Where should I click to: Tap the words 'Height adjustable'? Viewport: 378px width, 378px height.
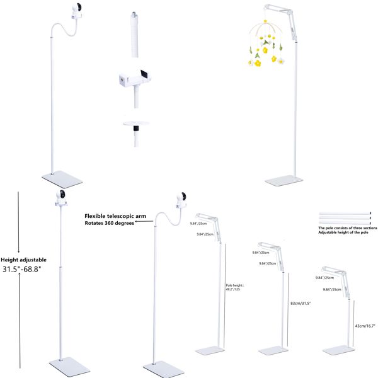23,259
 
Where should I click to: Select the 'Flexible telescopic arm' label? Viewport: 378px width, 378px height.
115,215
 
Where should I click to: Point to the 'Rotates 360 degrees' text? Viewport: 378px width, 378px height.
109,223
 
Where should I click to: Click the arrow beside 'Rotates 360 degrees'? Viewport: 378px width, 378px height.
142,223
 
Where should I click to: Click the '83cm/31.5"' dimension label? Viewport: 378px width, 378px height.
300,303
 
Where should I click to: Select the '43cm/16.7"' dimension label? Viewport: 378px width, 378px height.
366,326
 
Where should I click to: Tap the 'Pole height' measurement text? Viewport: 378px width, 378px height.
234,287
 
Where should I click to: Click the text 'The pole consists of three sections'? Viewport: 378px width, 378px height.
347,227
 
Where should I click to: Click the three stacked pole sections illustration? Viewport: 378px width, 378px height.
346,217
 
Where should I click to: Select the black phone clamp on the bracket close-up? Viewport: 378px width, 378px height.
144,76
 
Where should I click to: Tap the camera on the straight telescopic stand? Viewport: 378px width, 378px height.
61,198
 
